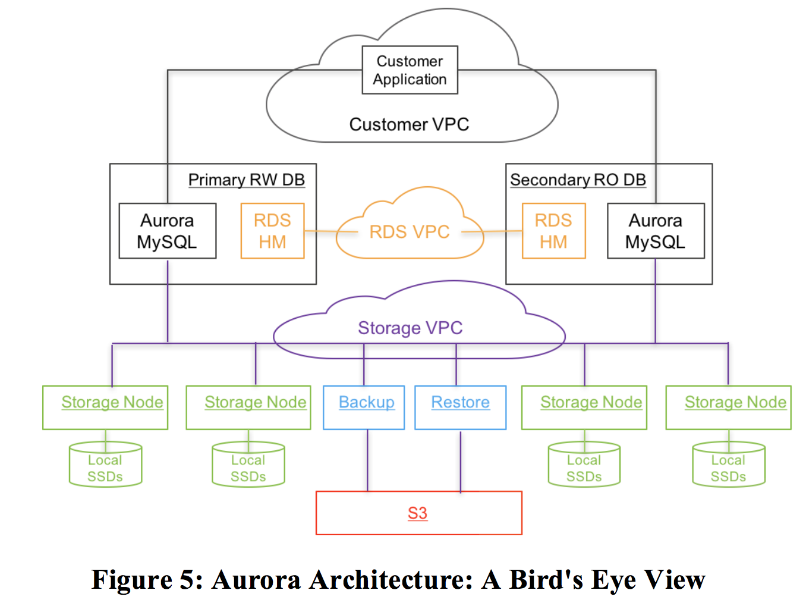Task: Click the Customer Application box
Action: [x=410, y=70]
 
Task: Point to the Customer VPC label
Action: [x=409, y=124]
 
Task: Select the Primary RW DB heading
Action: [x=246, y=180]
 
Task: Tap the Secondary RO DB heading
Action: [x=578, y=180]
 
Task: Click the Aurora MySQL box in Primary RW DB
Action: [x=167, y=231]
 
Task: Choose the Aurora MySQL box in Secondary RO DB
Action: [x=655, y=231]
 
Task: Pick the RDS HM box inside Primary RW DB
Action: [x=272, y=231]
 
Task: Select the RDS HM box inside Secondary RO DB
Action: [x=553, y=231]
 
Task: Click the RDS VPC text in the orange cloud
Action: [x=410, y=231]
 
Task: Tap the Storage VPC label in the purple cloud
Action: [x=410, y=328]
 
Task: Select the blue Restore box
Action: [x=460, y=407]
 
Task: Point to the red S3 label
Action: [x=417, y=513]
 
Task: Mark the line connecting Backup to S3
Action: [x=367, y=461]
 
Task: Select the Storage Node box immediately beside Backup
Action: [x=248, y=407]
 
